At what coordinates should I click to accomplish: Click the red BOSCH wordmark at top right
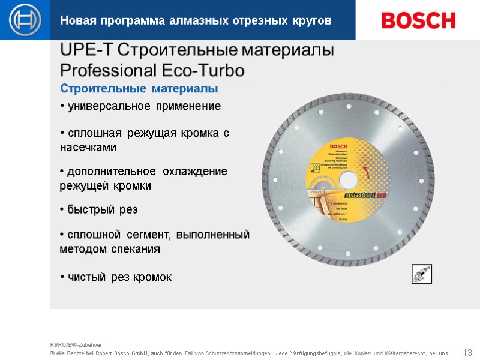[x=418, y=20]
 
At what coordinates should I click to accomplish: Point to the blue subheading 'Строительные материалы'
[x=139, y=89]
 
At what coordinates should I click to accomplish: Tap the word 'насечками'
[x=88, y=147]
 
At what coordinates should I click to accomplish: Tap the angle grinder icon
[x=421, y=274]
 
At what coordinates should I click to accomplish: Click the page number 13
[x=468, y=352]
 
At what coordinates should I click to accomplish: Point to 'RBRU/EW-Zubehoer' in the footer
[x=76, y=345]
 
